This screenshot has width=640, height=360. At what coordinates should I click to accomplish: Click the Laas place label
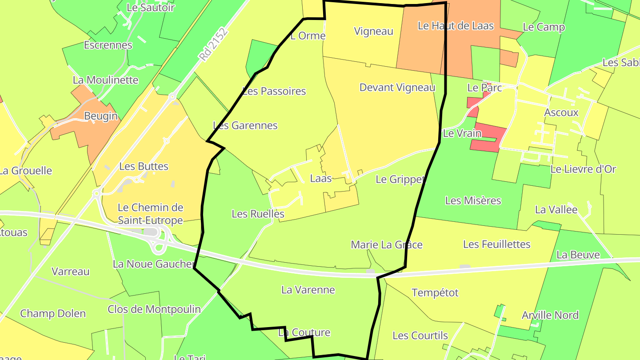[x=321, y=179]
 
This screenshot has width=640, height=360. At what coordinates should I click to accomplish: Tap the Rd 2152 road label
[x=213, y=44]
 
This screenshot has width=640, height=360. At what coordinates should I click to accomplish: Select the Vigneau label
[x=373, y=31]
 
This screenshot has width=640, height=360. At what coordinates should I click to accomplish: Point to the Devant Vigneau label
[x=397, y=88]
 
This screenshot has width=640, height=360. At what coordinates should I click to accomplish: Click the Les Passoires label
[x=274, y=91]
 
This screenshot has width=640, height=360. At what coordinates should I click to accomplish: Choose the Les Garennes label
[x=245, y=126]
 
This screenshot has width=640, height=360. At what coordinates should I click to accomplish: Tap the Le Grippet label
[x=400, y=180]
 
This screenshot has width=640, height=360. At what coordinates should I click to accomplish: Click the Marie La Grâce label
[x=386, y=245]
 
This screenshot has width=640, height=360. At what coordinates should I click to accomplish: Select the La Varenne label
[x=308, y=290]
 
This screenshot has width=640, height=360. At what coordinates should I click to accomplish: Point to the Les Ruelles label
[x=258, y=214]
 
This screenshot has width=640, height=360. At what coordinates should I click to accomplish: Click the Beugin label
[x=101, y=116]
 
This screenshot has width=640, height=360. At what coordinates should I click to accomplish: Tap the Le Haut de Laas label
[x=456, y=26]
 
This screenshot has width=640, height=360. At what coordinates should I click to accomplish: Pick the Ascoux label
[x=561, y=112]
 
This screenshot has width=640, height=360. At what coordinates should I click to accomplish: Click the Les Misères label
[x=473, y=201]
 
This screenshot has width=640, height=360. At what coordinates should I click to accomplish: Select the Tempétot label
[x=435, y=293]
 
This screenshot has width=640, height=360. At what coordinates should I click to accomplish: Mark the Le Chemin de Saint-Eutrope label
[x=150, y=214]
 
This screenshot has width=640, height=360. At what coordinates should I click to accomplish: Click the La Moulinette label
[x=105, y=80]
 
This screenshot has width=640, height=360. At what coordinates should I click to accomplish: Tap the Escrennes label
[x=108, y=45]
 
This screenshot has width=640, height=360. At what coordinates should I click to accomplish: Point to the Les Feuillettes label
[x=496, y=244]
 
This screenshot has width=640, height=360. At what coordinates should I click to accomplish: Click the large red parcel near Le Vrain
[x=488, y=138]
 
